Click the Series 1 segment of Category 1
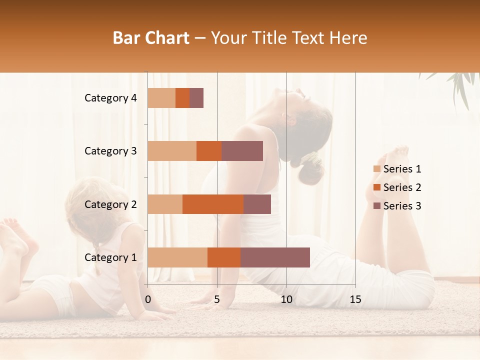point(177,257)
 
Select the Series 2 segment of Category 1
point(224,257)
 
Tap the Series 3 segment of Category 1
point(275,257)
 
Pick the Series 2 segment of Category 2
point(213,204)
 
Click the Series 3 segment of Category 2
point(257,204)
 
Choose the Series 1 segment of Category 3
point(172,151)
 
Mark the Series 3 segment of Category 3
point(242,151)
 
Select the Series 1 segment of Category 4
point(161,98)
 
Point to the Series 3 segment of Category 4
point(196,98)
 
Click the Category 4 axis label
point(110,98)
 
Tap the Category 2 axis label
point(110,204)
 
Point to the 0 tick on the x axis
point(148,299)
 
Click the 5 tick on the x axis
point(217,299)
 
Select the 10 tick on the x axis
point(286,299)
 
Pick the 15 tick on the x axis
point(355,299)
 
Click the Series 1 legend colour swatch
point(376,169)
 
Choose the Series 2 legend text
point(402,187)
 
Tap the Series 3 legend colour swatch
point(376,206)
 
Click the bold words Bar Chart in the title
point(151,38)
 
